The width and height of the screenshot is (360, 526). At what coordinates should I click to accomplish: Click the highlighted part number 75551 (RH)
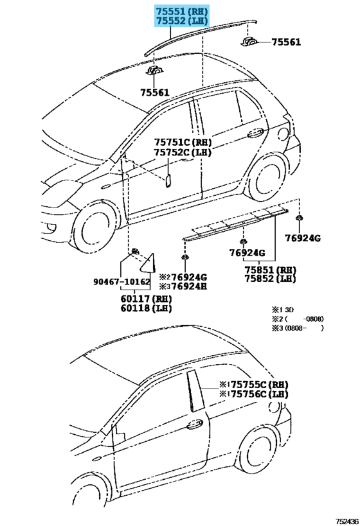[181, 11]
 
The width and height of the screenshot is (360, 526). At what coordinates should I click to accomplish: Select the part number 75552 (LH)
[181, 21]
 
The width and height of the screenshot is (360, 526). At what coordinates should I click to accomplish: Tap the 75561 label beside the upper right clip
[286, 42]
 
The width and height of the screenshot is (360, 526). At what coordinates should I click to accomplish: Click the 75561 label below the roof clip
[155, 92]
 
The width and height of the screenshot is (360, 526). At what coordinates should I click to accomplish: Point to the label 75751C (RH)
[183, 142]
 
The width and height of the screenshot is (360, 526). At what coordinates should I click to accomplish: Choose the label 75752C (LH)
[183, 152]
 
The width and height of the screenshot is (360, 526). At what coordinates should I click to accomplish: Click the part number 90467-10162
[122, 282]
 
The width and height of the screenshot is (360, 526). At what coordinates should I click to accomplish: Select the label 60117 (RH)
[147, 299]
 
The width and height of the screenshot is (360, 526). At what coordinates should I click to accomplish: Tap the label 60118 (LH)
[147, 308]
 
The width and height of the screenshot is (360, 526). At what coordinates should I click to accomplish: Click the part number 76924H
[189, 286]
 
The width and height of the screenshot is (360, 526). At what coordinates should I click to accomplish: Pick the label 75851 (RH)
[271, 270]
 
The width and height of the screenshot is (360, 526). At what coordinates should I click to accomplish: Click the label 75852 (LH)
[271, 279]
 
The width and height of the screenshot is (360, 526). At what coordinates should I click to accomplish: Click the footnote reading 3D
[289, 310]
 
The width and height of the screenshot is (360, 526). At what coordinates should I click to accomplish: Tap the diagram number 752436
[347, 521]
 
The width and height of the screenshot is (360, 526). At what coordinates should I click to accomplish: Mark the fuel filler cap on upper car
[283, 134]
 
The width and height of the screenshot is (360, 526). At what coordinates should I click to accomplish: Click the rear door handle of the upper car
[255, 133]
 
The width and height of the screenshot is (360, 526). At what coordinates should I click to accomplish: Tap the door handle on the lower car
[195, 424]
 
